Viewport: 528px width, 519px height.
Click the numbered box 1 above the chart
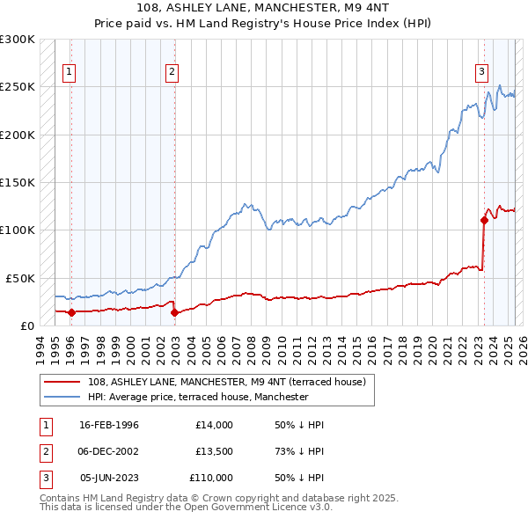pyautogui.click(x=70, y=73)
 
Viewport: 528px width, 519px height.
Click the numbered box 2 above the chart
pyautogui.click(x=172, y=73)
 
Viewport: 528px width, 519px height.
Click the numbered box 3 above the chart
pyautogui.click(x=482, y=73)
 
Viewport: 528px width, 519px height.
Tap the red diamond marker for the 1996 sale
pyautogui.click(x=70, y=311)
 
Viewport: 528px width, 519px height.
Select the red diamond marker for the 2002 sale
pyautogui.click(x=174, y=312)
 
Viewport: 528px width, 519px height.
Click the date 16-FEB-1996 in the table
pyautogui.click(x=108, y=425)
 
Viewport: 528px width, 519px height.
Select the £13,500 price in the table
pyautogui.click(x=214, y=451)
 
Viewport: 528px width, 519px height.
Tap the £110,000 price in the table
pyautogui.click(x=211, y=478)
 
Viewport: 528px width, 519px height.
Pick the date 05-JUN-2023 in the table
pyautogui.click(x=108, y=478)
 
